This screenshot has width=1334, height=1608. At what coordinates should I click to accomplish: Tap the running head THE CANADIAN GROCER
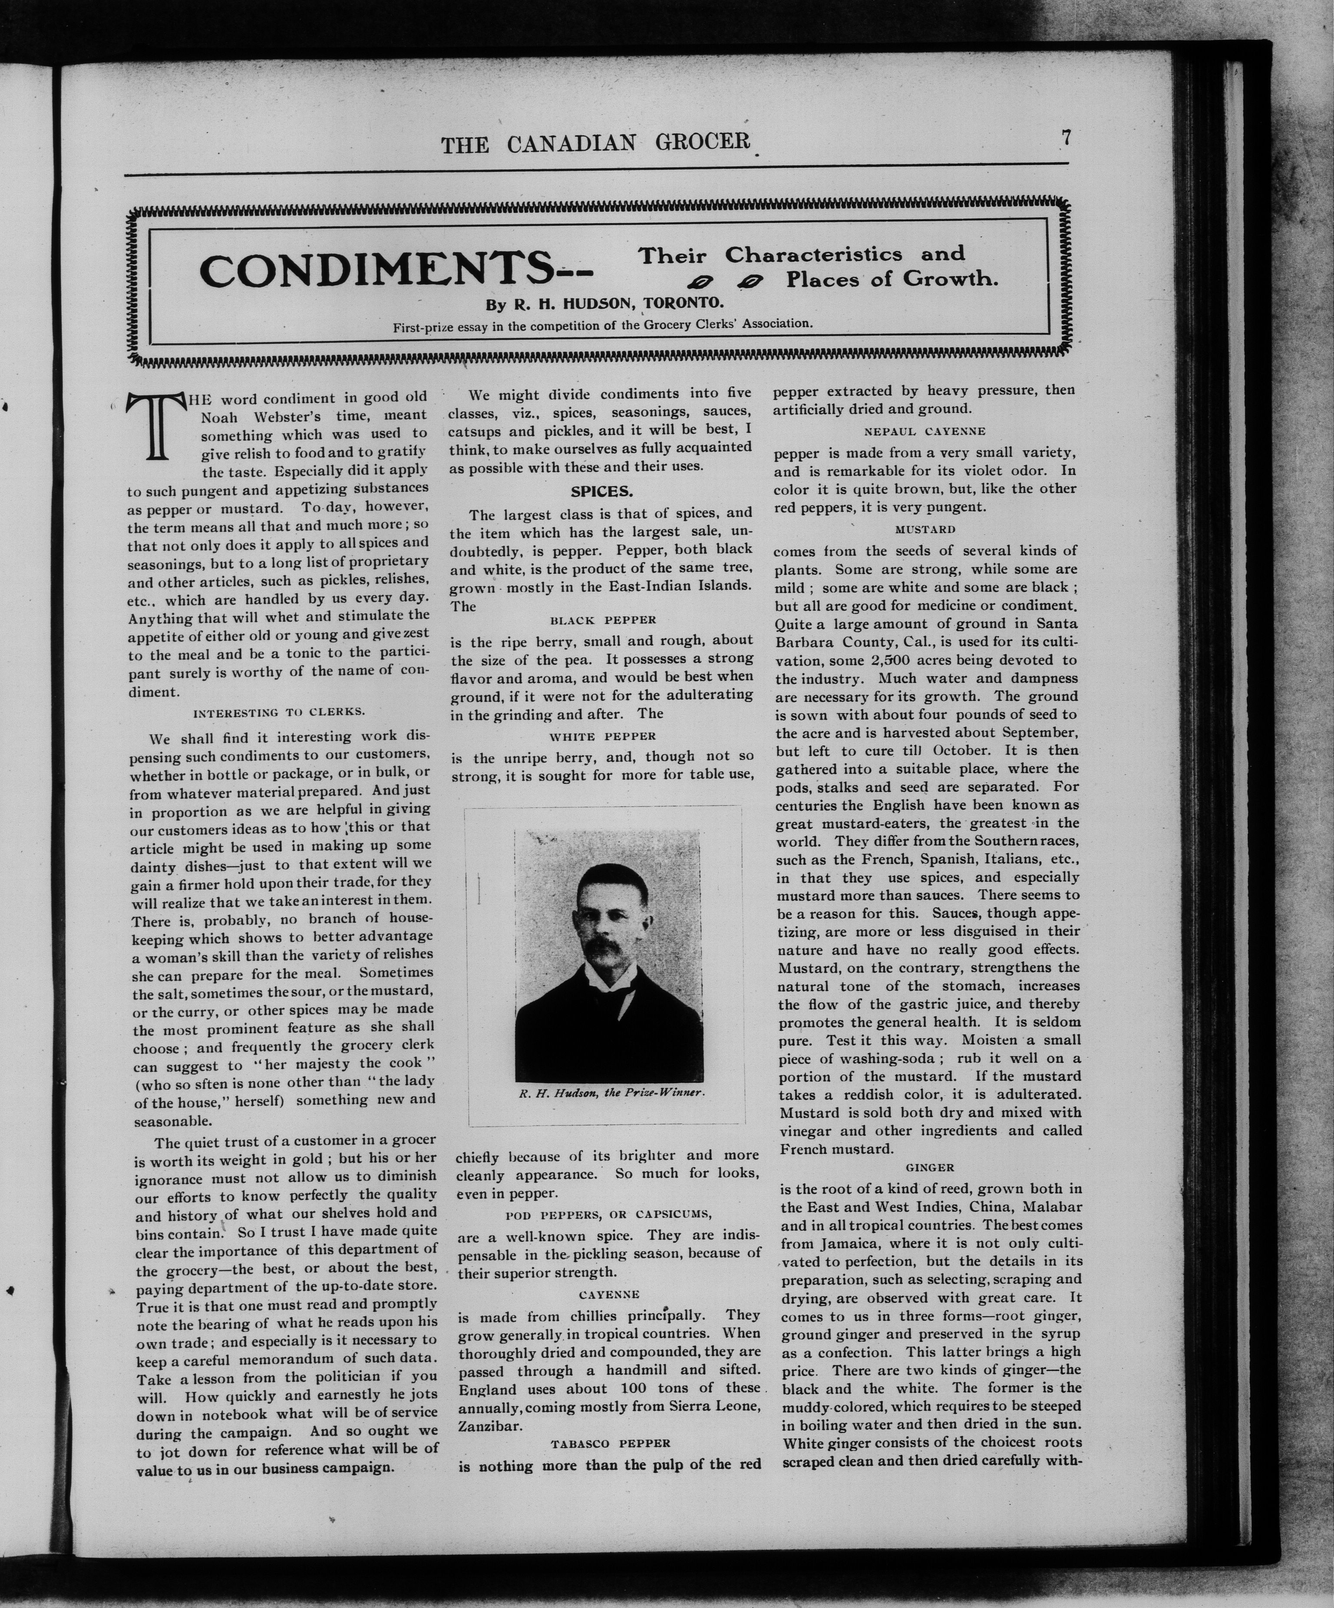click(595, 143)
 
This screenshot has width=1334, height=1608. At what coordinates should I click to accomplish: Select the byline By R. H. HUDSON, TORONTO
click(604, 303)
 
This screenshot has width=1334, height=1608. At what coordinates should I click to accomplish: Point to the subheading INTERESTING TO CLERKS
click(279, 712)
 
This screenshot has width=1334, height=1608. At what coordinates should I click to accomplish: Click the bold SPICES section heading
click(601, 491)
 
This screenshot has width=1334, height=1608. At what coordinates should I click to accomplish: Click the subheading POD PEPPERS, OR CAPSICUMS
click(609, 1214)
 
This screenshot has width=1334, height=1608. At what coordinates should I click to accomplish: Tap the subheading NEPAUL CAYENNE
click(925, 431)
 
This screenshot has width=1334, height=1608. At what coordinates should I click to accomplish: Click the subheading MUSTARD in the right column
click(925, 529)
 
